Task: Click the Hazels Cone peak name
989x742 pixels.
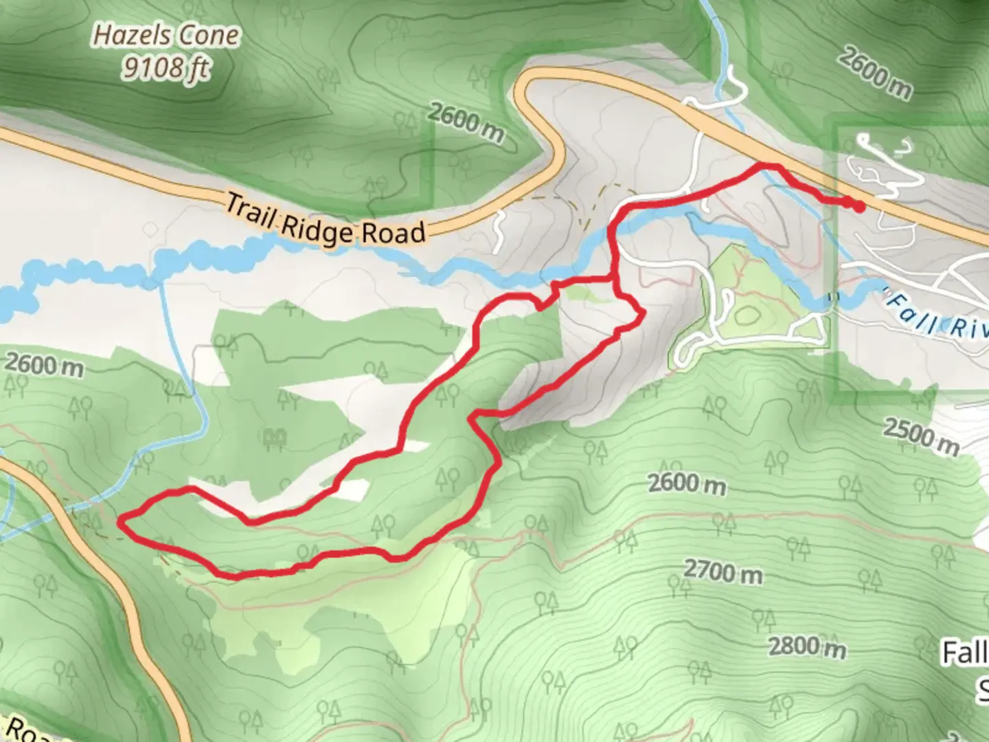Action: (167, 36)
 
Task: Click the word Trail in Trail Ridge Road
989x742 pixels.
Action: (251, 212)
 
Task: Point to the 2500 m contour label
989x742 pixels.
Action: (920, 436)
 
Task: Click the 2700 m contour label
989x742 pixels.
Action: (723, 571)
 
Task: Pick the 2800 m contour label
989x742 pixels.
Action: (806, 647)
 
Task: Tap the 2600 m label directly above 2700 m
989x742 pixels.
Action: (687, 484)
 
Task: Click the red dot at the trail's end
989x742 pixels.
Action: (859, 206)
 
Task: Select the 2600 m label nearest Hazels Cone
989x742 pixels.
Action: (466, 122)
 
